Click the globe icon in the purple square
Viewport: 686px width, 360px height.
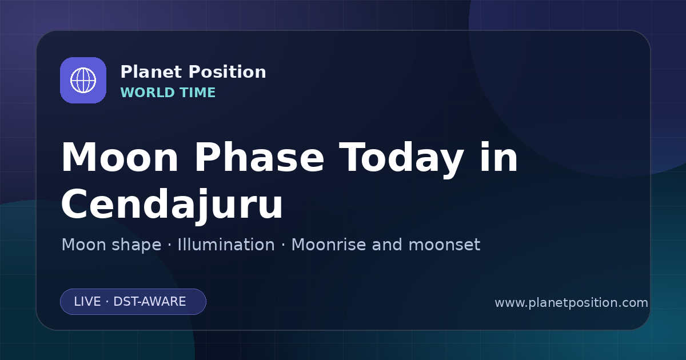(83, 81)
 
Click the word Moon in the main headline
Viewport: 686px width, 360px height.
(119, 158)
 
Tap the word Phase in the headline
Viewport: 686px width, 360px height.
(259, 158)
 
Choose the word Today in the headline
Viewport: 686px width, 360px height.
(401, 160)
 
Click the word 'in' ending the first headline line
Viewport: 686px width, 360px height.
(499, 157)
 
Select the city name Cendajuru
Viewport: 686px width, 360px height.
(172, 205)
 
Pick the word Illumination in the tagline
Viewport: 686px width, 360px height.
(226, 245)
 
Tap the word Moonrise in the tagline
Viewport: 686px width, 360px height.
(332, 245)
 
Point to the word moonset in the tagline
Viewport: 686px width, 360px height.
(444, 245)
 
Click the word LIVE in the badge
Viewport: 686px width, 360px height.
(87, 302)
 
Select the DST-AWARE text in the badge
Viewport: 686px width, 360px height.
(149, 302)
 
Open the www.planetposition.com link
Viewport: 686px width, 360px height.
(572, 303)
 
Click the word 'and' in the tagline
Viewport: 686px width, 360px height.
(387, 245)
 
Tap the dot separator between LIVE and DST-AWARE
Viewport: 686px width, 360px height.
(107, 302)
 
